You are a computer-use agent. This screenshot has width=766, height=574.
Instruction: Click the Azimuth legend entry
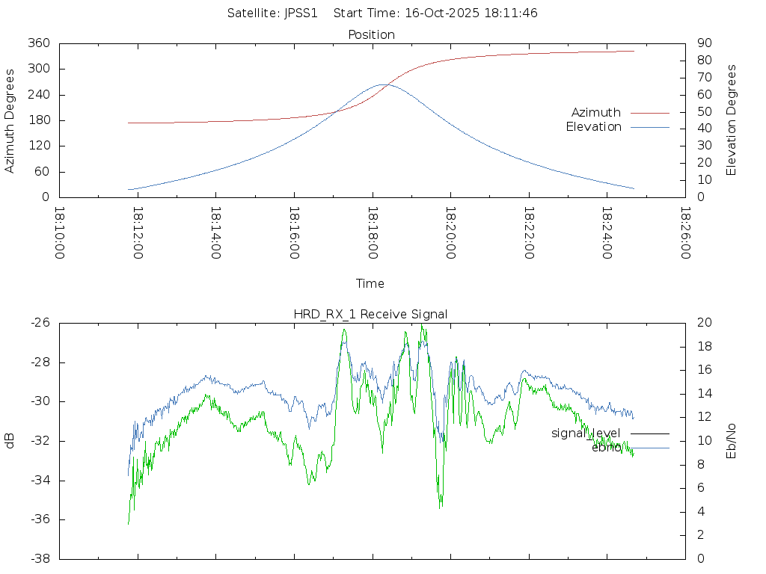coord(596,113)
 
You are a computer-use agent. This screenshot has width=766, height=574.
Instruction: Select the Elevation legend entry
coord(593,127)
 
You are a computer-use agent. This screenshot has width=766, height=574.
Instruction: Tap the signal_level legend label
coord(586,433)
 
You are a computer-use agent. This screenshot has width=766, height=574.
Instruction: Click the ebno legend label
coord(606,448)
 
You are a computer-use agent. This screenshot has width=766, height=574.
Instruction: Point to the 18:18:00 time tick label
coord(373,232)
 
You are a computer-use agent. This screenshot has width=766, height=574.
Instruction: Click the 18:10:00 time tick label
coord(60,232)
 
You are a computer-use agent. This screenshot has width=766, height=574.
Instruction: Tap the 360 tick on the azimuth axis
coord(39,43)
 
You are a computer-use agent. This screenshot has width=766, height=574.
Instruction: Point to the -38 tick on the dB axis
coord(40,559)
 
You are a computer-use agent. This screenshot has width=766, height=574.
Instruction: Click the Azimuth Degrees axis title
coord(10,120)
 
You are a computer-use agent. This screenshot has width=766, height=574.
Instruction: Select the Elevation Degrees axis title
coord(732,120)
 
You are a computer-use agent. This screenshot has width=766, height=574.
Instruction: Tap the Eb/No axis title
coord(732,441)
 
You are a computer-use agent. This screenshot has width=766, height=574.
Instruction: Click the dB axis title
coord(10,441)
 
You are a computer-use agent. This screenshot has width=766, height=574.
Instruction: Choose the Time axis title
coord(370,284)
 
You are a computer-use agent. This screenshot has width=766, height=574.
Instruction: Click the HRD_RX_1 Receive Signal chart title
coord(370,315)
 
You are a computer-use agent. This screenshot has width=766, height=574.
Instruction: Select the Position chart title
coord(372,35)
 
